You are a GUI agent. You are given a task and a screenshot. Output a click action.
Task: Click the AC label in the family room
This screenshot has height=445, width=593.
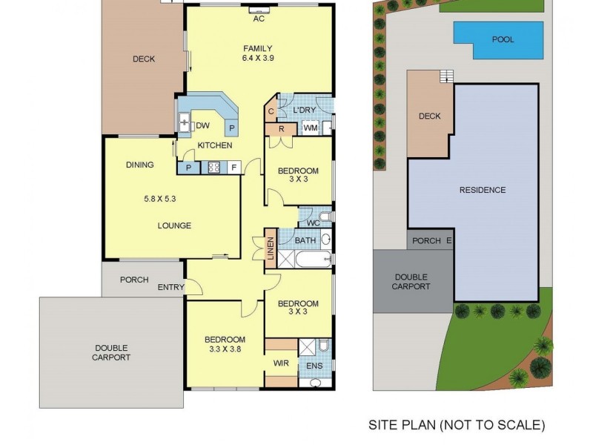(x=259, y=19)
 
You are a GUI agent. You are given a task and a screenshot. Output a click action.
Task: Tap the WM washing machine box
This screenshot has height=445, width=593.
(x=310, y=128)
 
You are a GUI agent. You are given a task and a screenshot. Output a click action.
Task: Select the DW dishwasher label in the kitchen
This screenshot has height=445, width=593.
(x=202, y=126)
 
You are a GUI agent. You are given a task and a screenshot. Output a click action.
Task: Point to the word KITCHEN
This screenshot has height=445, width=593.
(x=215, y=145)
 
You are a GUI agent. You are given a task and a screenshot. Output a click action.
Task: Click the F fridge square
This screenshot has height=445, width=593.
(x=233, y=168)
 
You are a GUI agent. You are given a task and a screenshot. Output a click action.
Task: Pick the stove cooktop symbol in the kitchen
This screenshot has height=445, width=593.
(x=214, y=168)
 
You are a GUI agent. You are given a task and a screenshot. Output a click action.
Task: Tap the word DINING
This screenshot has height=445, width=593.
(x=139, y=165)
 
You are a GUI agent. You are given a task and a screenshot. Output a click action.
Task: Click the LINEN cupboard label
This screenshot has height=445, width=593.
(x=271, y=248)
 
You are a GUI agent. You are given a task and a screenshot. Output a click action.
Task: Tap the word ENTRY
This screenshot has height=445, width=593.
(x=171, y=286)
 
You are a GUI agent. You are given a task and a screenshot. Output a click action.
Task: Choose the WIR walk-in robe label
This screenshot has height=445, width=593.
(x=281, y=363)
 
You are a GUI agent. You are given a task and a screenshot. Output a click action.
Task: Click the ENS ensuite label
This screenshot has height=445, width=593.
(x=314, y=365)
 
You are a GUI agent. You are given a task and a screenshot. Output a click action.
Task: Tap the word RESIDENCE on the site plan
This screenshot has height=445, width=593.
(x=482, y=190)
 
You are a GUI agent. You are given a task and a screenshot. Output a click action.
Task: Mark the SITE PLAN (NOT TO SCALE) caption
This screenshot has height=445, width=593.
(x=457, y=425)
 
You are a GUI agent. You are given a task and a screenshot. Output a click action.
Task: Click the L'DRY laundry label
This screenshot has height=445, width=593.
(x=305, y=110)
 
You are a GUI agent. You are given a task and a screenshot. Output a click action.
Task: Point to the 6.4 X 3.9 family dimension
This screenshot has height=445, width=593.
(x=258, y=59)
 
